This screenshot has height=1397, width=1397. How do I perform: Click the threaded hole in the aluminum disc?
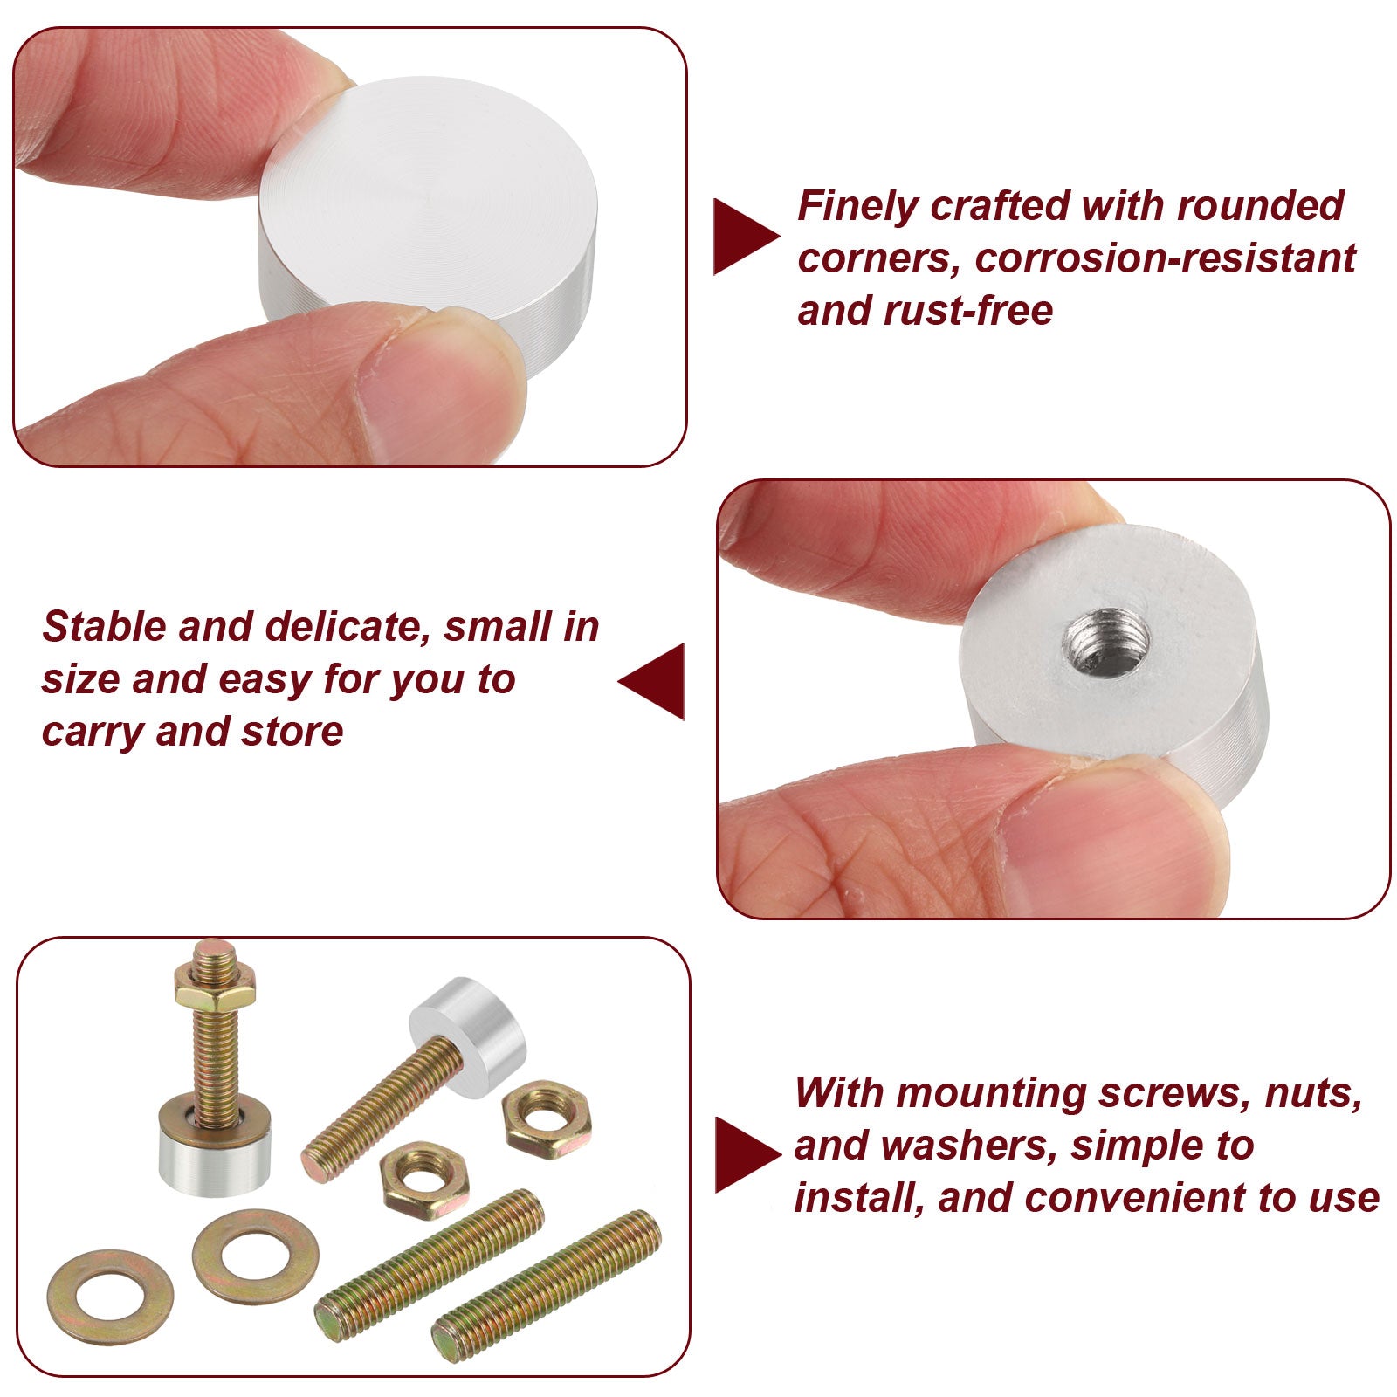(x=1105, y=642)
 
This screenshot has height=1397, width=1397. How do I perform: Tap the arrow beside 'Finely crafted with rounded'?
(x=746, y=237)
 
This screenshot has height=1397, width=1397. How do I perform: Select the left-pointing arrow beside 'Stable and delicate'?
(x=651, y=681)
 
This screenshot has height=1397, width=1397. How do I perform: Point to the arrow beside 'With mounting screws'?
(x=747, y=1154)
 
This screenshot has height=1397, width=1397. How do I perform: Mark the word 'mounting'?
(x=989, y=1094)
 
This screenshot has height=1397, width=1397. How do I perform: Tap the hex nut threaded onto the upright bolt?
(x=215, y=985)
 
